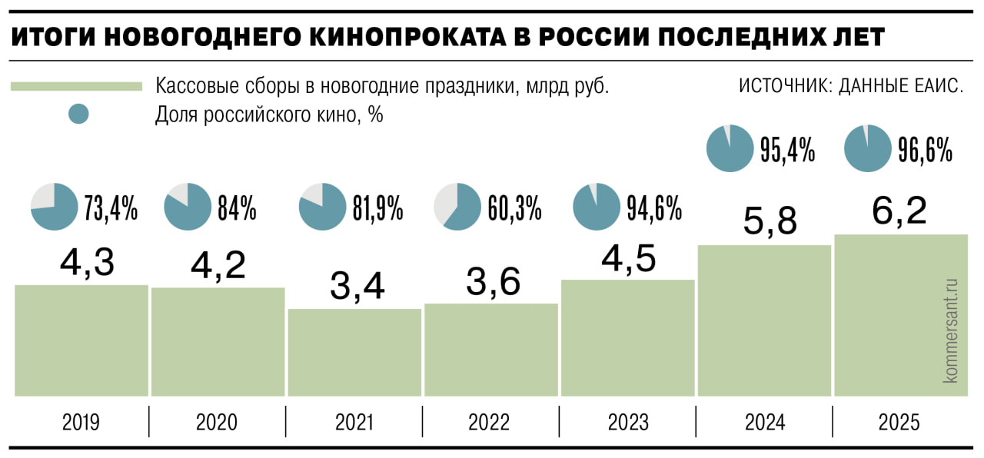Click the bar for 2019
[81, 340]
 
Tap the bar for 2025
[900, 315]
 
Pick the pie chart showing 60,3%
[457, 207]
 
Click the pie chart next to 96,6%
[867, 148]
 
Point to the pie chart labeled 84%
[188, 207]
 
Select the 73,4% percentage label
[111, 208]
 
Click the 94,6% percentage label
[654, 208]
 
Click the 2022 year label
[488, 422]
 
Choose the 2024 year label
[764, 422]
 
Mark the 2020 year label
[217, 422]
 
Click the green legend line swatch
[77, 86]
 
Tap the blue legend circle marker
[78, 114]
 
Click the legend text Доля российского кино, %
[269, 115]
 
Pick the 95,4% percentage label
[787, 150]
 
